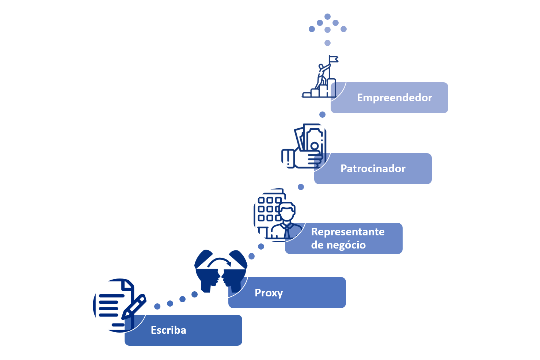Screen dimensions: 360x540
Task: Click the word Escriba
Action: (168, 330)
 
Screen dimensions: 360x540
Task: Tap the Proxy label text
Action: (269, 293)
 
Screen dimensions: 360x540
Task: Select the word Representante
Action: (348, 232)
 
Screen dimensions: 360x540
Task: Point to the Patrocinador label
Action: (373, 168)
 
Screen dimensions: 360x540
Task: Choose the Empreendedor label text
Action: (395, 98)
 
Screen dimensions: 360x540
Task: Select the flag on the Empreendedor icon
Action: (333, 59)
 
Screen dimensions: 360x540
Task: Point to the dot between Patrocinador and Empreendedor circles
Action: (322, 115)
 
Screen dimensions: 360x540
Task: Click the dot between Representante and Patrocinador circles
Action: (301, 187)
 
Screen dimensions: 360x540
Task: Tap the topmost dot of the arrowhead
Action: (327, 16)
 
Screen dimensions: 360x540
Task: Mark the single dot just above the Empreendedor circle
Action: (327, 43)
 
